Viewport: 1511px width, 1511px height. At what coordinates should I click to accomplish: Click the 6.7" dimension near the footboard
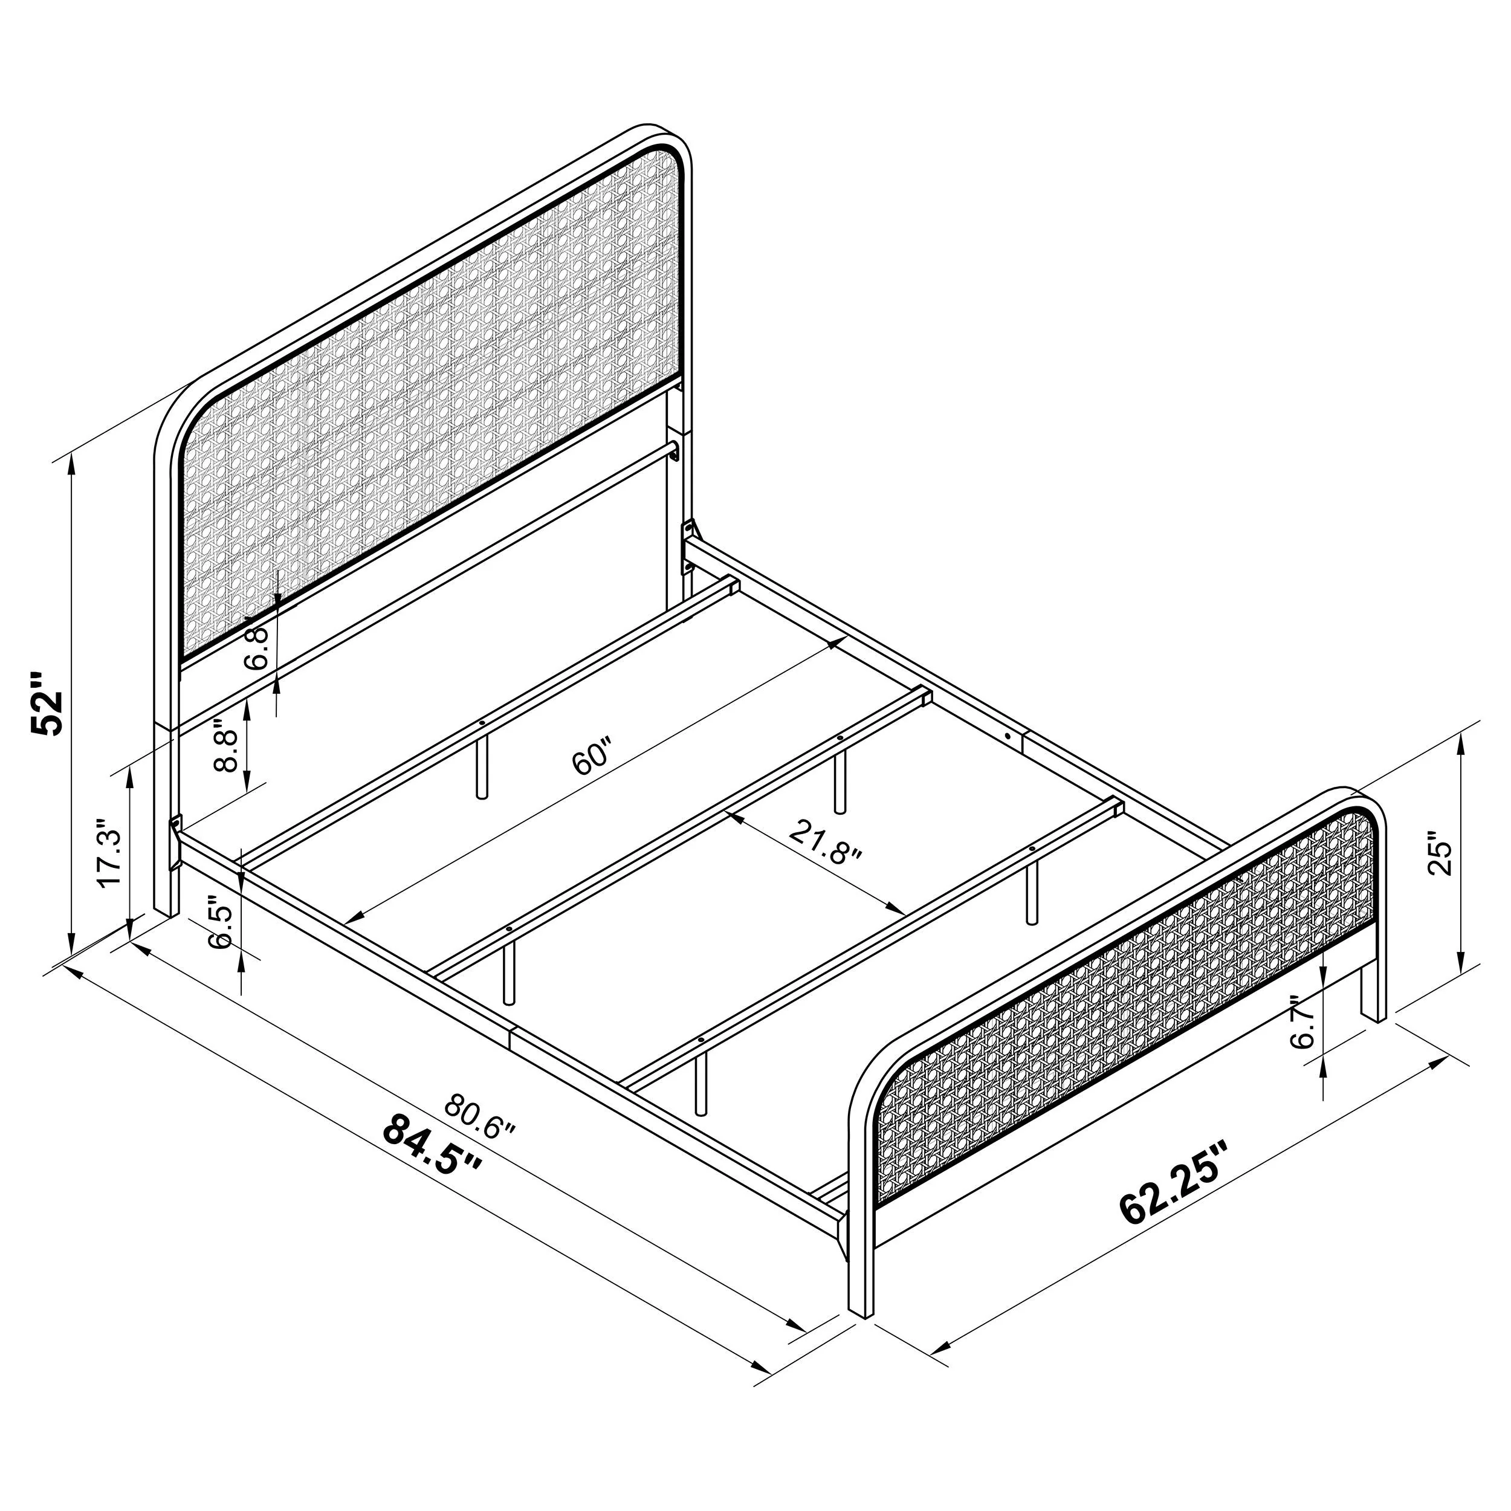(x=1304, y=1022)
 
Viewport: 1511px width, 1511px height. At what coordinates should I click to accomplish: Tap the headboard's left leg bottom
(x=163, y=907)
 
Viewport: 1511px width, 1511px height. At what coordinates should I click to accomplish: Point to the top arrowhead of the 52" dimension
(x=72, y=461)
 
